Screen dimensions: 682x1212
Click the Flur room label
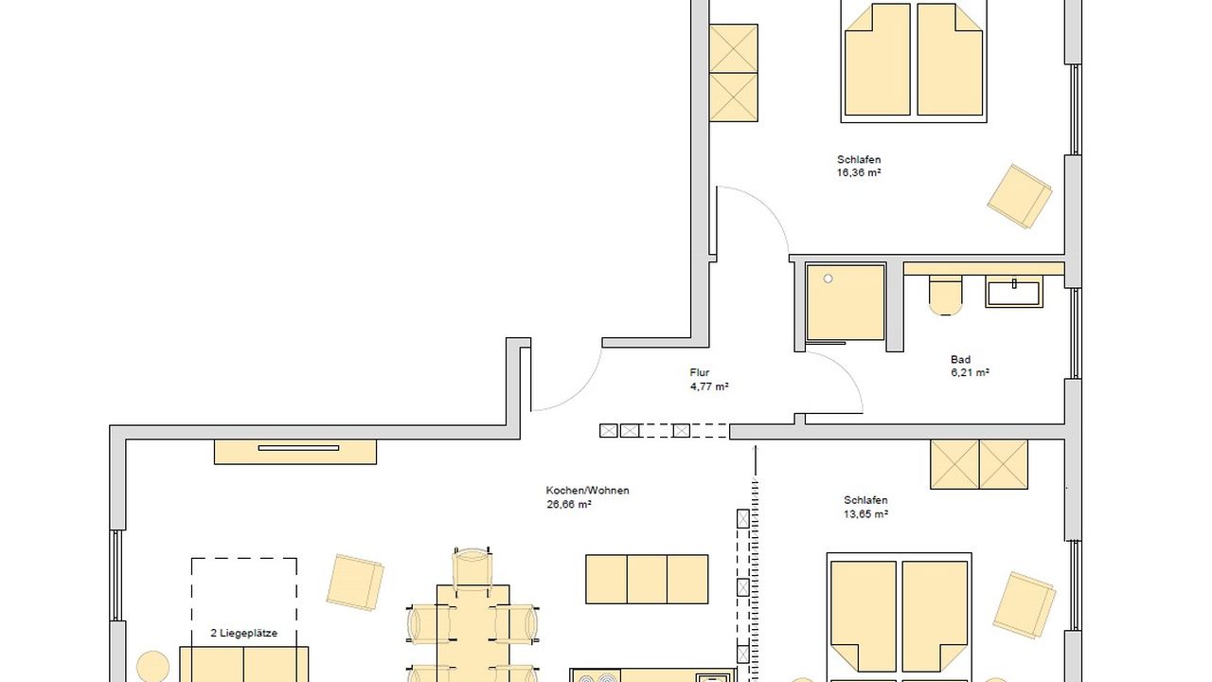pos(700,373)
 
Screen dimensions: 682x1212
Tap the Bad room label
pos(960,360)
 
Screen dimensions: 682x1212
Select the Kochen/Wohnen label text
pos(587,491)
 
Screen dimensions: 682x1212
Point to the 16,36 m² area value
pos(859,173)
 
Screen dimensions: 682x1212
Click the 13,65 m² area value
pos(865,514)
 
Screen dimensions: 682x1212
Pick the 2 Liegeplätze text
pos(244,634)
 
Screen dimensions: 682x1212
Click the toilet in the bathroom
pos(945,295)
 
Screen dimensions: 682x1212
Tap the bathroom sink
pos(1013,291)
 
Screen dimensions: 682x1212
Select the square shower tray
pos(845,302)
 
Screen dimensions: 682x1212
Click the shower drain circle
pos(829,279)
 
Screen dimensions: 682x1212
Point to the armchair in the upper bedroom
pos(1019,196)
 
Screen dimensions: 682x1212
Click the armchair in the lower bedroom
pos(1024,604)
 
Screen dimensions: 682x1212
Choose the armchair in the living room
pos(355,582)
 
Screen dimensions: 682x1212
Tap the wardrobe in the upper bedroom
pos(734,73)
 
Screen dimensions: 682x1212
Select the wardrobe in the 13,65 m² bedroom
pos(979,464)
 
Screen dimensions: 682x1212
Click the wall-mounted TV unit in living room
pos(295,451)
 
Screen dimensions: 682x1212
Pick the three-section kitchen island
pos(647,579)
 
